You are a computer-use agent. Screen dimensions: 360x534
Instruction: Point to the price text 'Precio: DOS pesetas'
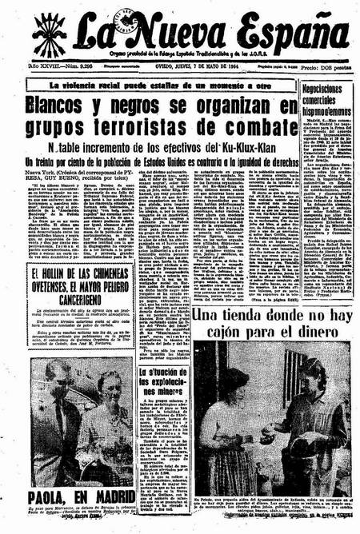coord(327,69)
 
